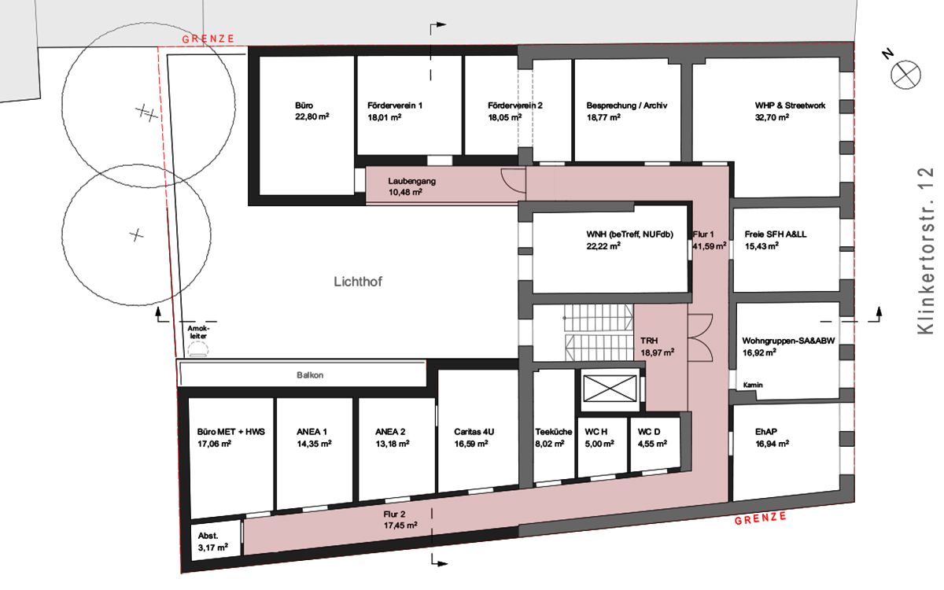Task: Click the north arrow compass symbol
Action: pos(905,75)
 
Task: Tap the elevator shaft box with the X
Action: pos(610,389)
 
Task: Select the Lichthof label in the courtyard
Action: pos(358,282)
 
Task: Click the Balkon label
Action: pos(310,375)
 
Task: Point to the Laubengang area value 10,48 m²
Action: pos(405,193)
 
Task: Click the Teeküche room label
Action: pos(553,432)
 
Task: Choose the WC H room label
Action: pos(596,432)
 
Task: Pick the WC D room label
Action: pos(648,432)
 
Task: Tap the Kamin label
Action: pos(753,385)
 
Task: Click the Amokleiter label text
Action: pos(198,332)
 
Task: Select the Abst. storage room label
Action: pos(208,536)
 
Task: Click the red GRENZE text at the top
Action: pos(208,39)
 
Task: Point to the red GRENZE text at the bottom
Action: pos(760,518)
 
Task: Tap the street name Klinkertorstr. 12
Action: pos(926,251)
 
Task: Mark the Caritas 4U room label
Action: pos(474,432)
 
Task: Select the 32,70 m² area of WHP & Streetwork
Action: pos(772,117)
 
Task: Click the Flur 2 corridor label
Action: pos(394,514)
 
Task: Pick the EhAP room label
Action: pos(765,432)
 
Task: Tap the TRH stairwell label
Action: pos(649,341)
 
